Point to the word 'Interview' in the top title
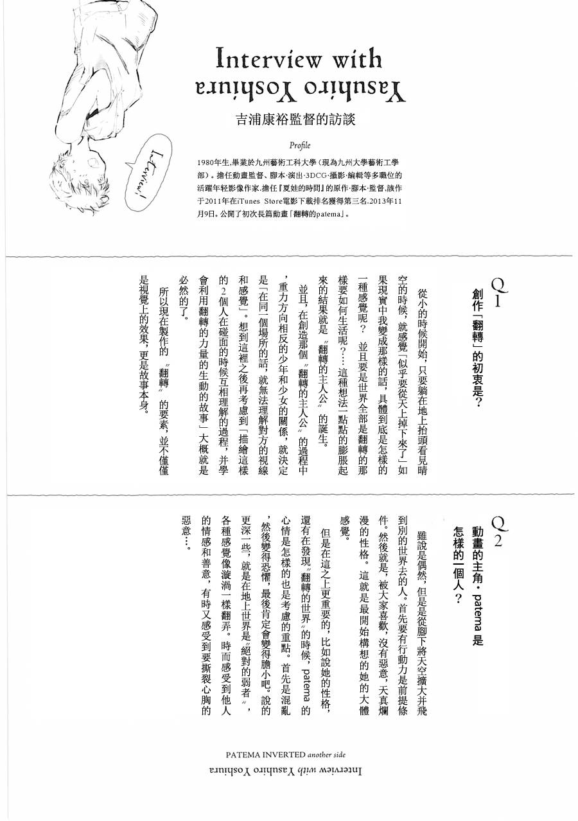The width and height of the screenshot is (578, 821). click(263, 60)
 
